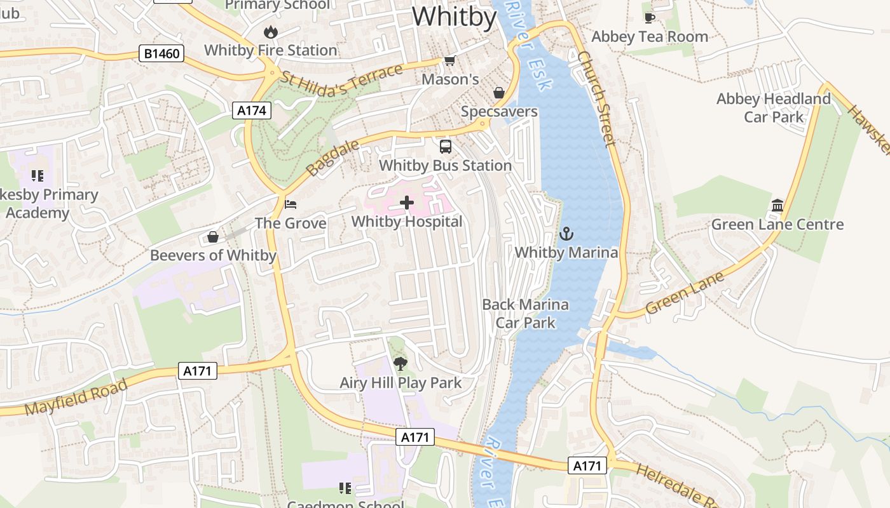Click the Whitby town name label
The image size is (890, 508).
tap(454, 17)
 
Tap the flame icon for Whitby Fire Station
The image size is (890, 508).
tap(271, 32)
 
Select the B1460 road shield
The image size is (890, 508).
tap(161, 53)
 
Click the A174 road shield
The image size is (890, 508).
tap(251, 110)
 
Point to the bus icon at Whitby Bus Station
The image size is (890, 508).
tap(446, 147)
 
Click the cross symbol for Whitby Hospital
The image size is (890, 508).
tap(407, 203)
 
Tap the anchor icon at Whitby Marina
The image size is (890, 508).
tap(566, 234)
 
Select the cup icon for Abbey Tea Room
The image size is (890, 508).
tap(649, 18)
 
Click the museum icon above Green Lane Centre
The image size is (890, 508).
tap(777, 205)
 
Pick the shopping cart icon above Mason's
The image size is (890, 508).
tap(450, 61)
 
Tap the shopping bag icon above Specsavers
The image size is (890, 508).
tap(499, 93)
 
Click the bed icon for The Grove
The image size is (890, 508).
tap(291, 204)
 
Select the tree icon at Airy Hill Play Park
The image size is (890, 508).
tap(400, 364)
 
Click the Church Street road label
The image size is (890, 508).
tap(598, 99)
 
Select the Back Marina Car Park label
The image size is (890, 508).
tap(525, 313)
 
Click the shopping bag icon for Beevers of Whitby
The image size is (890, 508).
tap(213, 237)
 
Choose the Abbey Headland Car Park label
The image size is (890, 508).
tap(773, 108)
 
